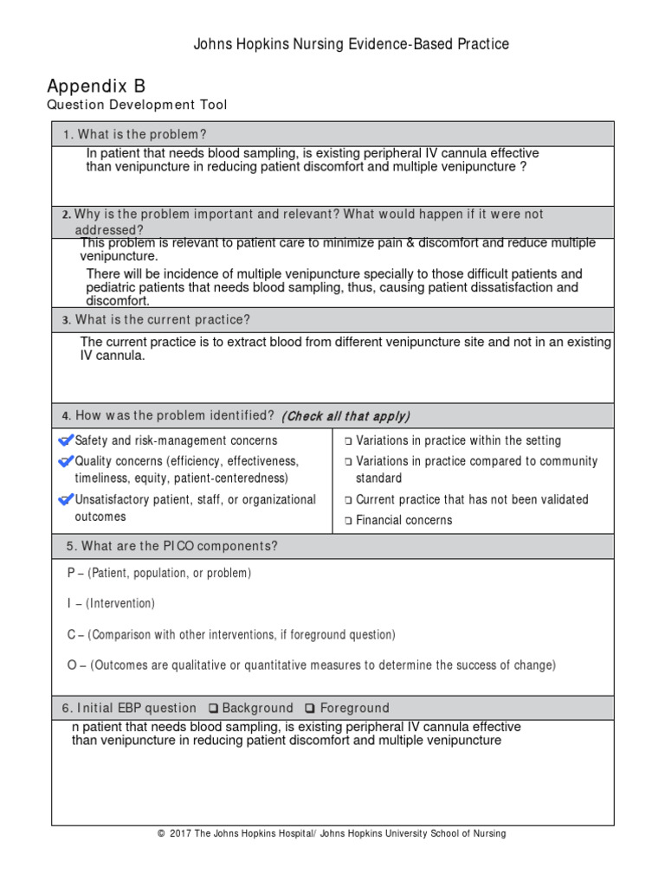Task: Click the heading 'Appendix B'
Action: click(96, 86)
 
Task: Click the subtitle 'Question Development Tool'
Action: click(138, 106)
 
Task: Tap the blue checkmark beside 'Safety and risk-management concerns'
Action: click(66, 440)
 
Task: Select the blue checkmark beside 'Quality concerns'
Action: click(66, 461)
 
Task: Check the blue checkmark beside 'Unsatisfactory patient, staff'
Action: click(66, 499)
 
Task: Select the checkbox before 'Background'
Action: click(213, 708)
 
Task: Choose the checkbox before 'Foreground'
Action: click(310, 708)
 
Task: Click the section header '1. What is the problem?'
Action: click(134, 134)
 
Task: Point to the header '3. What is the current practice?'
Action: click(156, 320)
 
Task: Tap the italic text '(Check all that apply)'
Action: click(345, 416)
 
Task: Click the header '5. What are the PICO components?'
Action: click(171, 546)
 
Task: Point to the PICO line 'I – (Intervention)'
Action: click(111, 603)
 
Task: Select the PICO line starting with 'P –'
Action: click(158, 573)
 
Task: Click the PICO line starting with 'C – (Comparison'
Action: click(231, 634)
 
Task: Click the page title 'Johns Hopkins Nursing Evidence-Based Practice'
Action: click(351, 43)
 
